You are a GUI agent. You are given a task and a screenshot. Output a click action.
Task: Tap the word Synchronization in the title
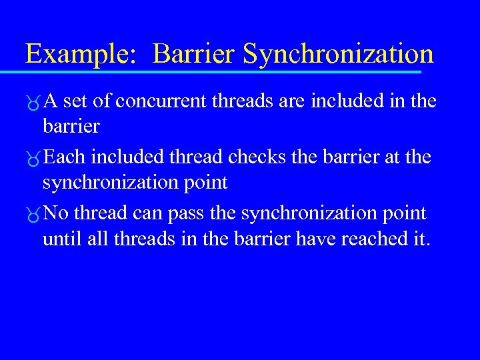point(338,54)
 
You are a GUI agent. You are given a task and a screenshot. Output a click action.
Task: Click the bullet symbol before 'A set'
point(31,103)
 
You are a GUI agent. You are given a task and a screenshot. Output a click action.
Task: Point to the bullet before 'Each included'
point(31,159)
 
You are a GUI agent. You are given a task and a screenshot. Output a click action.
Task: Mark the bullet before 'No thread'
point(31,215)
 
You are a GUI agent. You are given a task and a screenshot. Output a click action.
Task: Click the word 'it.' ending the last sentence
point(418,239)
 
